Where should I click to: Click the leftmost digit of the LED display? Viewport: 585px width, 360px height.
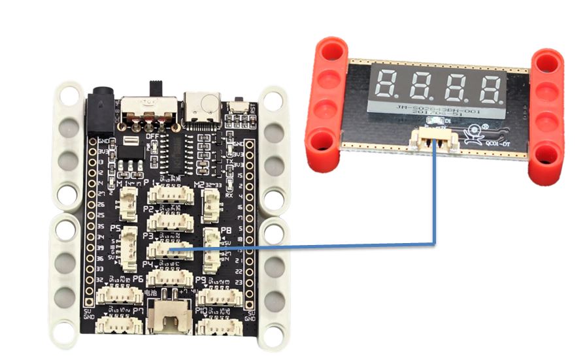[x=388, y=83]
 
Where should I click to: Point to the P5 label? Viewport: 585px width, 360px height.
[x=116, y=228]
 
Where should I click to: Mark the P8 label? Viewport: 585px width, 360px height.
[x=226, y=231]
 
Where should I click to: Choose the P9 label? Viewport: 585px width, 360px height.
[x=201, y=280]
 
